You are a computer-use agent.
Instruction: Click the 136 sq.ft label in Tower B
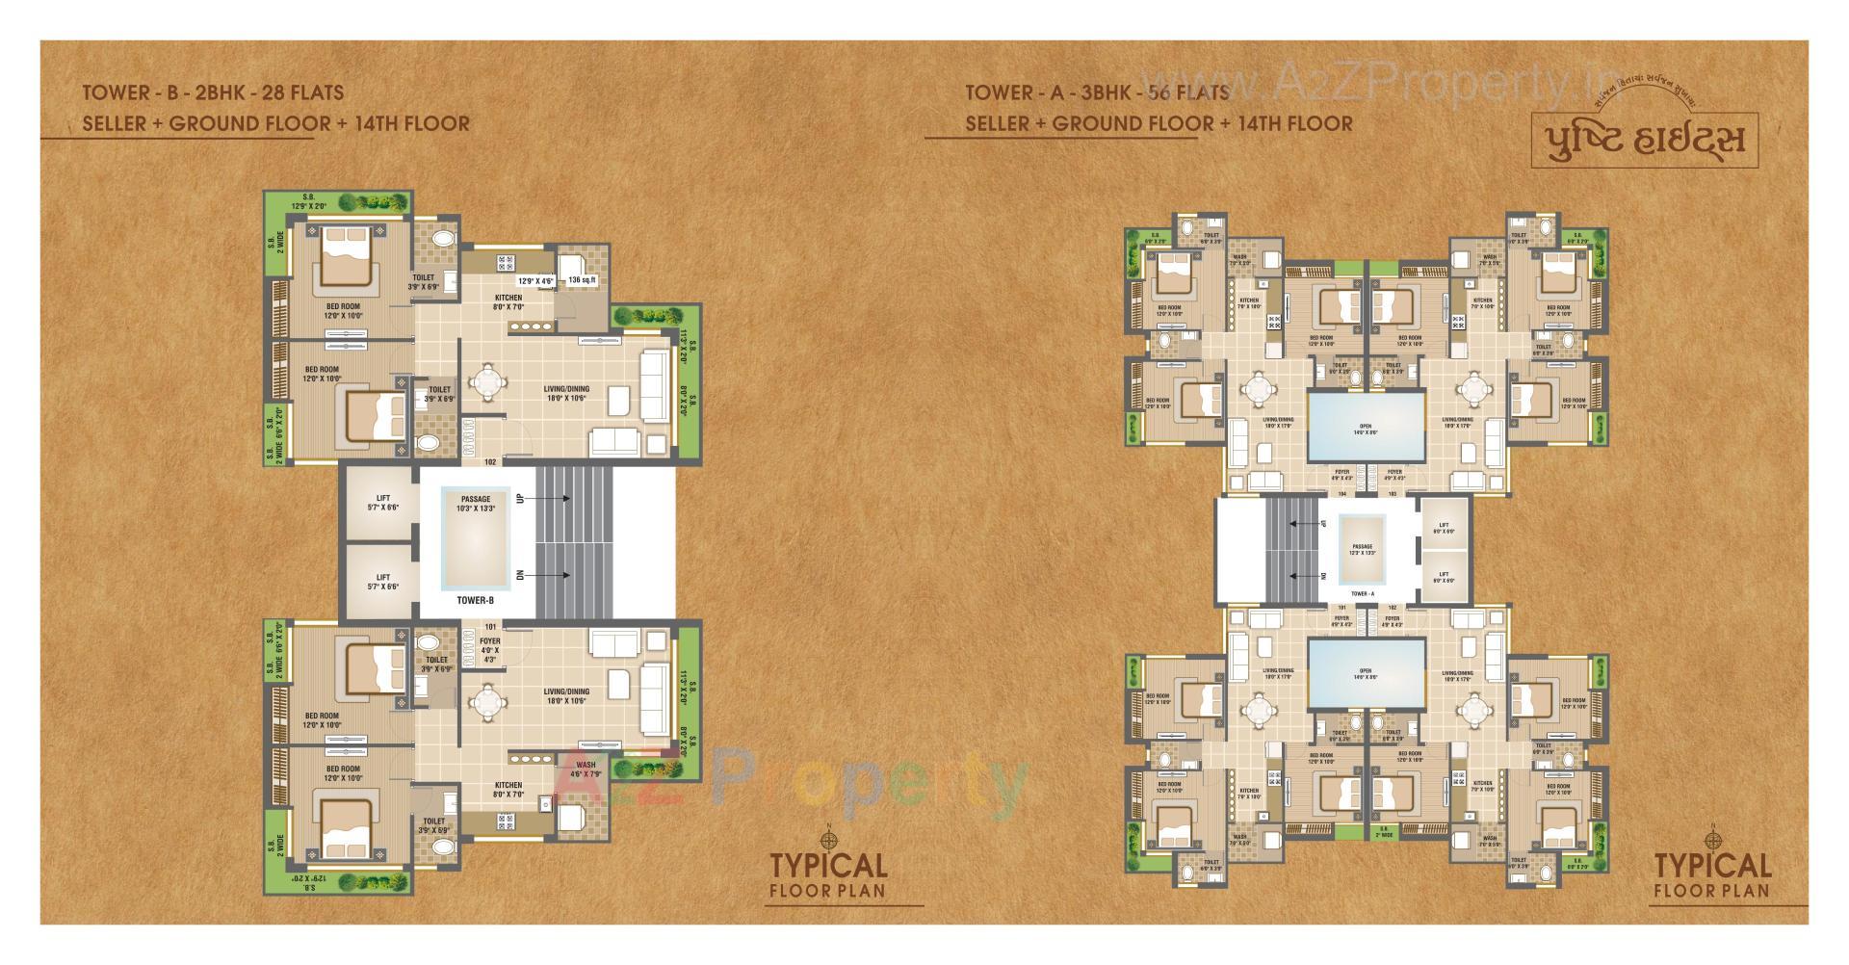(x=583, y=280)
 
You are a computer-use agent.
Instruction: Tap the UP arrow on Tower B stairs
(x=521, y=498)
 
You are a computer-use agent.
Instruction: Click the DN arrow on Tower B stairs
(x=521, y=575)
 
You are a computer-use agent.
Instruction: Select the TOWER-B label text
(x=476, y=601)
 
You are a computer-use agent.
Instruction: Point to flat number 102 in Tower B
(x=490, y=462)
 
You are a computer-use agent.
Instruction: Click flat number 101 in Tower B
(x=490, y=626)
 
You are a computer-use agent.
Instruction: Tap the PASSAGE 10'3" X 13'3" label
(x=476, y=504)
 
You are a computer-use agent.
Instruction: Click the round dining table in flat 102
(x=490, y=382)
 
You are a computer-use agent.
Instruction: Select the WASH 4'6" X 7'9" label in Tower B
(x=586, y=769)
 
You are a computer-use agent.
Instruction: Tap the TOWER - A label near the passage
(x=1363, y=594)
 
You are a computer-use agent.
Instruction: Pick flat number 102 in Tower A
(x=1392, y=608)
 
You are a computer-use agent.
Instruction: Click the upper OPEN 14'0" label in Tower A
(x=1365, y=430)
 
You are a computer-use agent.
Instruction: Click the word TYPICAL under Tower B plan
(x=828, y=866)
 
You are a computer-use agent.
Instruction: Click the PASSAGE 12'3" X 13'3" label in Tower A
(x=1363, y=549)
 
